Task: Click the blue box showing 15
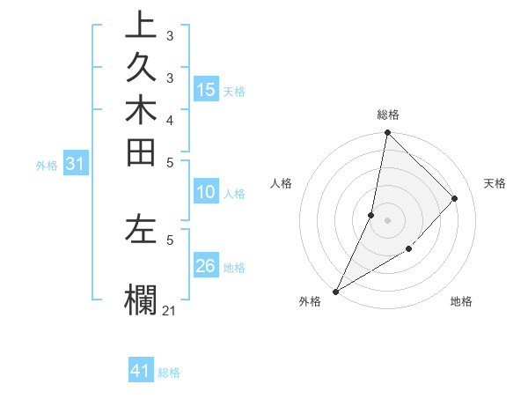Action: click(x=206, y=89)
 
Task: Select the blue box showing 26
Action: click(x=206, y=267)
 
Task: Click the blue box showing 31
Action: click(x=76, y=164)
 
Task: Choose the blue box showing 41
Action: click(x=141, y=372)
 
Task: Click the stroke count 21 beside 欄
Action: click(x=169, y=310)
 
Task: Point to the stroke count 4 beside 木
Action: click(x=169, y=119)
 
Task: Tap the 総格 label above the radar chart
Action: click(x=387, y=115)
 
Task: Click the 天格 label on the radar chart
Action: click(x=495, y=183)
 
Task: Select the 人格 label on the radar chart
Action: click(x=282, y=183)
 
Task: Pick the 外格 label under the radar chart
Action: click(x=310, y=301)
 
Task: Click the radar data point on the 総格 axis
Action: click(x=387, y=133)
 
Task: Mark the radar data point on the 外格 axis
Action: click(x=336, y=292)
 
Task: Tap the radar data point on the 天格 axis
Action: click(x=455, y=198)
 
